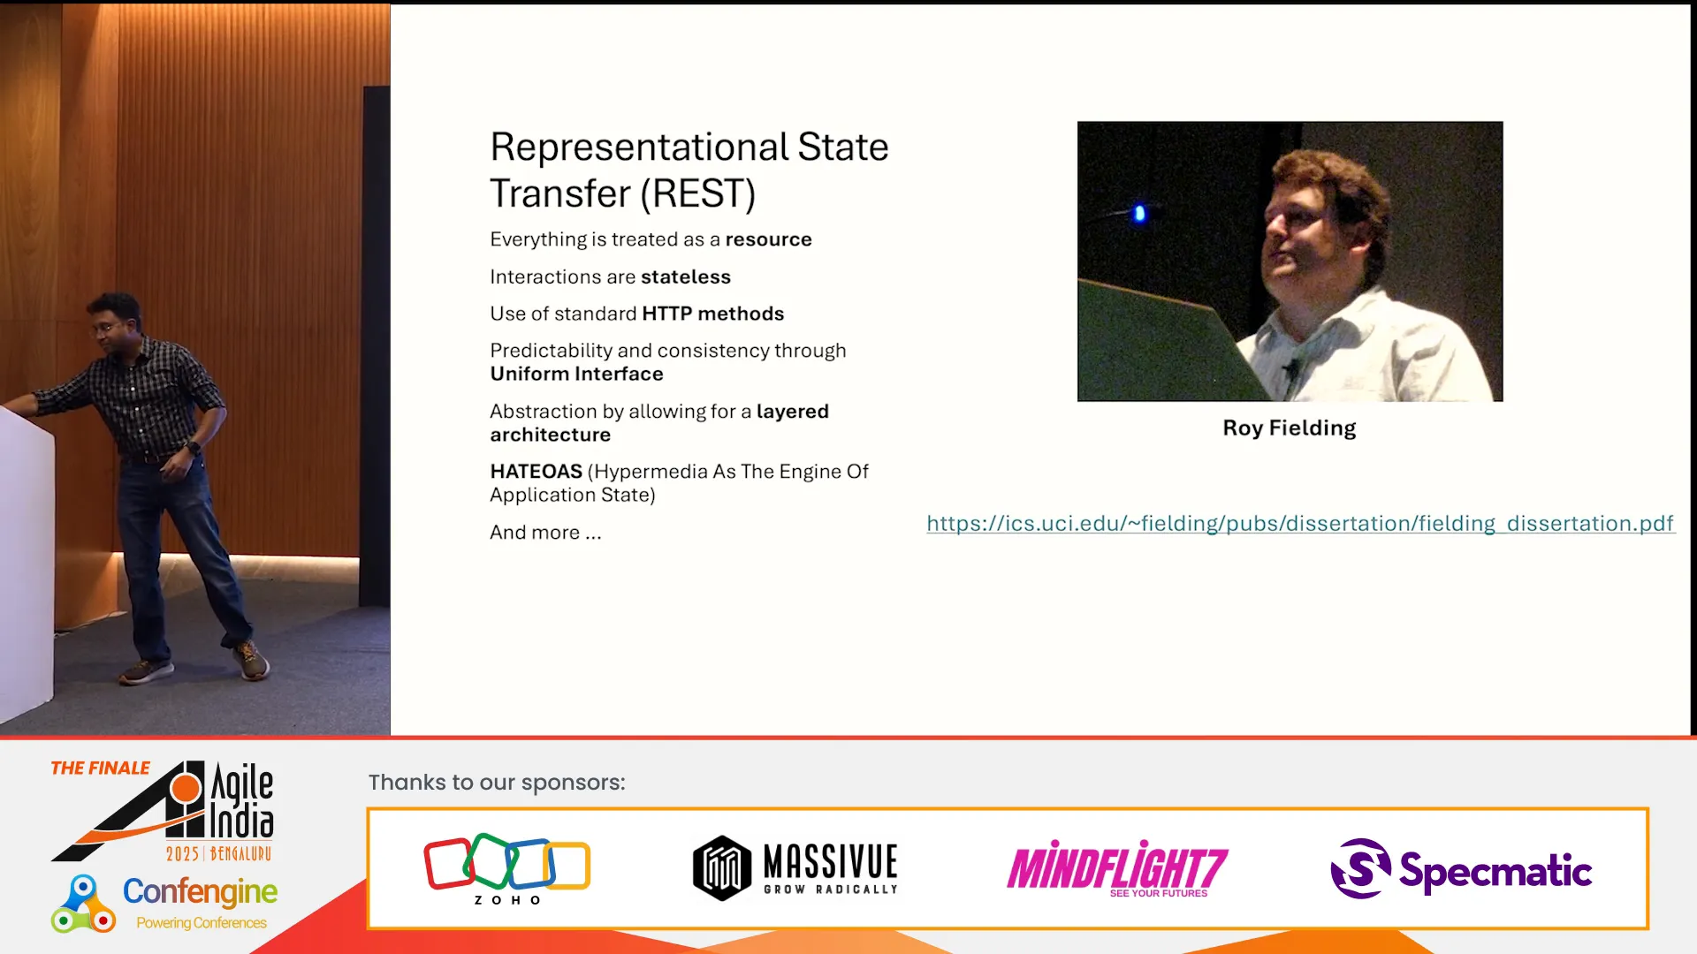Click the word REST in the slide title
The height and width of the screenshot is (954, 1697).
[697, 193]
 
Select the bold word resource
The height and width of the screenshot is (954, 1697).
[768, 239]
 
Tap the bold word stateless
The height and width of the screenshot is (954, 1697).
[686, 276]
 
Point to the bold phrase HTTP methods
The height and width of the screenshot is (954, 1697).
[712, 314]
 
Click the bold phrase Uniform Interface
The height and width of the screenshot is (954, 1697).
[576, 374]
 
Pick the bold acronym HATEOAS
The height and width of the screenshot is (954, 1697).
[536, 472]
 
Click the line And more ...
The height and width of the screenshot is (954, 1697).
[545, 533]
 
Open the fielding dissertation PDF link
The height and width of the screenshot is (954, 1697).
[1300, 523]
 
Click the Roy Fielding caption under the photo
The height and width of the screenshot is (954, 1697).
[1289, 428]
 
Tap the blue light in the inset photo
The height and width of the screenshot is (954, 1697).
[1139, 213]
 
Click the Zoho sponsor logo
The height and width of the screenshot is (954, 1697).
[507, 868]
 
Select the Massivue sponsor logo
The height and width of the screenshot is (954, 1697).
[795, 867]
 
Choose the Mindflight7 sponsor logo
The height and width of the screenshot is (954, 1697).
[1117, 868]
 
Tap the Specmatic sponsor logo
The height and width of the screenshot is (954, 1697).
[1461, 869]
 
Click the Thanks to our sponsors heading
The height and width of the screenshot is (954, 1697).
[497, 783]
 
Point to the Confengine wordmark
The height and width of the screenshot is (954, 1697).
[200, 891]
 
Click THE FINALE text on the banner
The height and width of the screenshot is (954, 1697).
[100, 768]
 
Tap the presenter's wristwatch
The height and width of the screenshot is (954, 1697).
[193, 447]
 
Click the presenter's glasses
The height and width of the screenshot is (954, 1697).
[106, 328]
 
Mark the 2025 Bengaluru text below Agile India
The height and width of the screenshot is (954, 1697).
[218, 853]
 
